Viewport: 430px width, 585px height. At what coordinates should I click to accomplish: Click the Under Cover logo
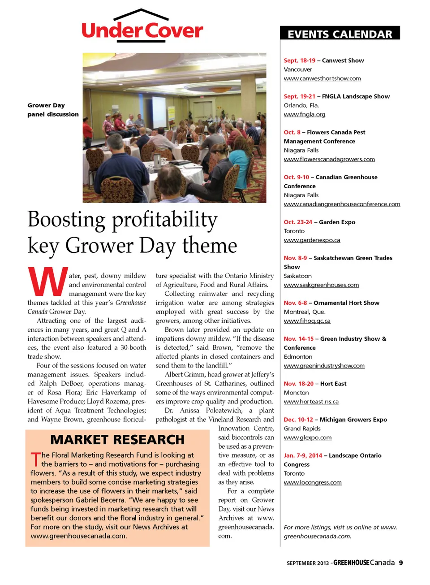142,27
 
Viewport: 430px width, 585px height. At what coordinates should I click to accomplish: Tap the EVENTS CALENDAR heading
340,34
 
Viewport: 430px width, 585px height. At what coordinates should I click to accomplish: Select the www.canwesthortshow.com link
322,78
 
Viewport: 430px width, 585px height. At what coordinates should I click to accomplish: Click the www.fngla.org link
304,114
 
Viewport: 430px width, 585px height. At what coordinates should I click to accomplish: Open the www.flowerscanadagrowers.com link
329,159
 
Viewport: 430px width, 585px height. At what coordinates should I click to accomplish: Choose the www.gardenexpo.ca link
312,240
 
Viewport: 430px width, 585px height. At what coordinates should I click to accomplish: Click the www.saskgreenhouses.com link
321,285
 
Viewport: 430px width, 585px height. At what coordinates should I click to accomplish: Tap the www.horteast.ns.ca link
311,402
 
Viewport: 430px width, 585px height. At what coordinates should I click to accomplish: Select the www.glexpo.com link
307,438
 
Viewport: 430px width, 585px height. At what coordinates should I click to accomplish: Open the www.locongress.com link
312,482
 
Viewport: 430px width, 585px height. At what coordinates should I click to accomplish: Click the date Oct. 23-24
298,222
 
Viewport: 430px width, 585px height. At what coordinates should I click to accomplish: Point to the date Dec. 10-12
298,420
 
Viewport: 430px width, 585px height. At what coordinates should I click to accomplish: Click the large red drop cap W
47,282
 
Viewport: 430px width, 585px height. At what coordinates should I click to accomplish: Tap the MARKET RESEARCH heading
117,440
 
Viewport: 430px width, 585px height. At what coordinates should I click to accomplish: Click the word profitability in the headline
164,220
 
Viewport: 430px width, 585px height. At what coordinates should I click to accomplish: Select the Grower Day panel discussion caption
52,110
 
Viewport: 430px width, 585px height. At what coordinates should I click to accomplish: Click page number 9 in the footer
401,563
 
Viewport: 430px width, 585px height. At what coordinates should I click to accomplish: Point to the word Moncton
296,393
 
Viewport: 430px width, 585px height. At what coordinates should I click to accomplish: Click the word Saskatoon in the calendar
297,276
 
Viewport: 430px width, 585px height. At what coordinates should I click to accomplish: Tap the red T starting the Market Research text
35,459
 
